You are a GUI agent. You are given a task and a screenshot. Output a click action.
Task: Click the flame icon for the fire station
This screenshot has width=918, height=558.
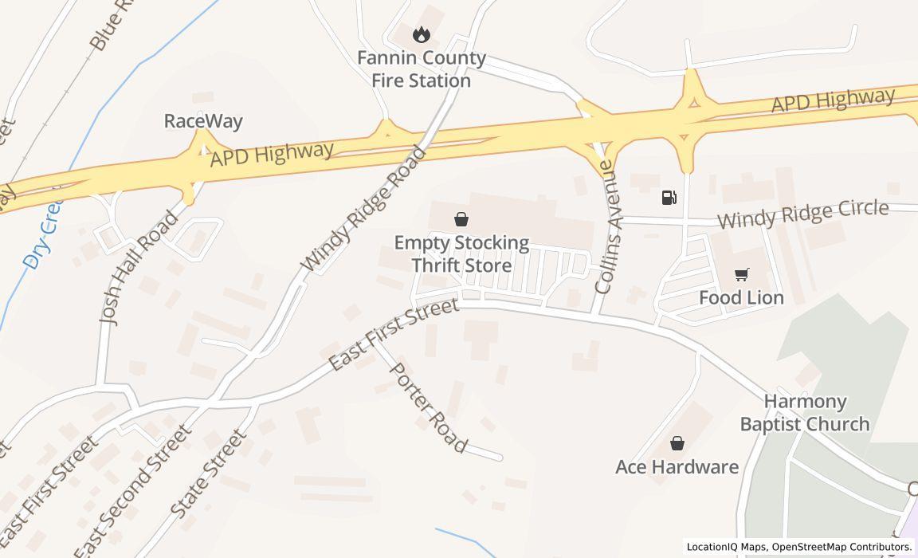(421, 34)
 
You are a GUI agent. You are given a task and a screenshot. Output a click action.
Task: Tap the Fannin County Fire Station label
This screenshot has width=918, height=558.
(421, 69)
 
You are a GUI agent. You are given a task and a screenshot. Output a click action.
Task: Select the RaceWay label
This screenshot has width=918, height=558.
(203, 121)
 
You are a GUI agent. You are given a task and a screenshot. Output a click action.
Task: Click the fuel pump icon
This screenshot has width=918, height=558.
(669, 198)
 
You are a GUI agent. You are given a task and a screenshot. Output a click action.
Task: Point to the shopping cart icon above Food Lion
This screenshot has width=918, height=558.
(741, 275)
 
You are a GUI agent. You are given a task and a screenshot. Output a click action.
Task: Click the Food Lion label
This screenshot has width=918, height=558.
(741, 297)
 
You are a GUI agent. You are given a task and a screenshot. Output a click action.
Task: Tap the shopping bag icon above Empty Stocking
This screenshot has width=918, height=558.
(461, 219)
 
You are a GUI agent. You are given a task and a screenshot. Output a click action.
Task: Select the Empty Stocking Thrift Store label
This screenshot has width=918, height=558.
(461, 253)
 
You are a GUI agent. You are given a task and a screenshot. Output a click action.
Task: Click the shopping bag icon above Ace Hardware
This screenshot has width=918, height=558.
(677, 443)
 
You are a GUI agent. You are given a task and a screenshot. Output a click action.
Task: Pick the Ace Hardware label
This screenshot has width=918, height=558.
(677, 466)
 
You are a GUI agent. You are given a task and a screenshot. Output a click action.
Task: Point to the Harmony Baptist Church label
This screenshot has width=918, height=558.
(804, 412)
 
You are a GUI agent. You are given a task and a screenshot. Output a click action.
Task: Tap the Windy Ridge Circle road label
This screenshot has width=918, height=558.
(802, 213)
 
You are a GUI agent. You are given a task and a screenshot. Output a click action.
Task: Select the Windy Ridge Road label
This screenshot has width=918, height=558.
(363, 208)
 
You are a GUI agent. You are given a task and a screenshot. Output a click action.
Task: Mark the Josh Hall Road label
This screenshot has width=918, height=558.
(139, 266)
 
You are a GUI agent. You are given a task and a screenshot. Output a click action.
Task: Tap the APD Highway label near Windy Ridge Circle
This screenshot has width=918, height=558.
(833, 100)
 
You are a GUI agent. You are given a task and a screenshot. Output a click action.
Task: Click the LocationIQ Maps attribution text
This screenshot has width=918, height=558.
(728, 547)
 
